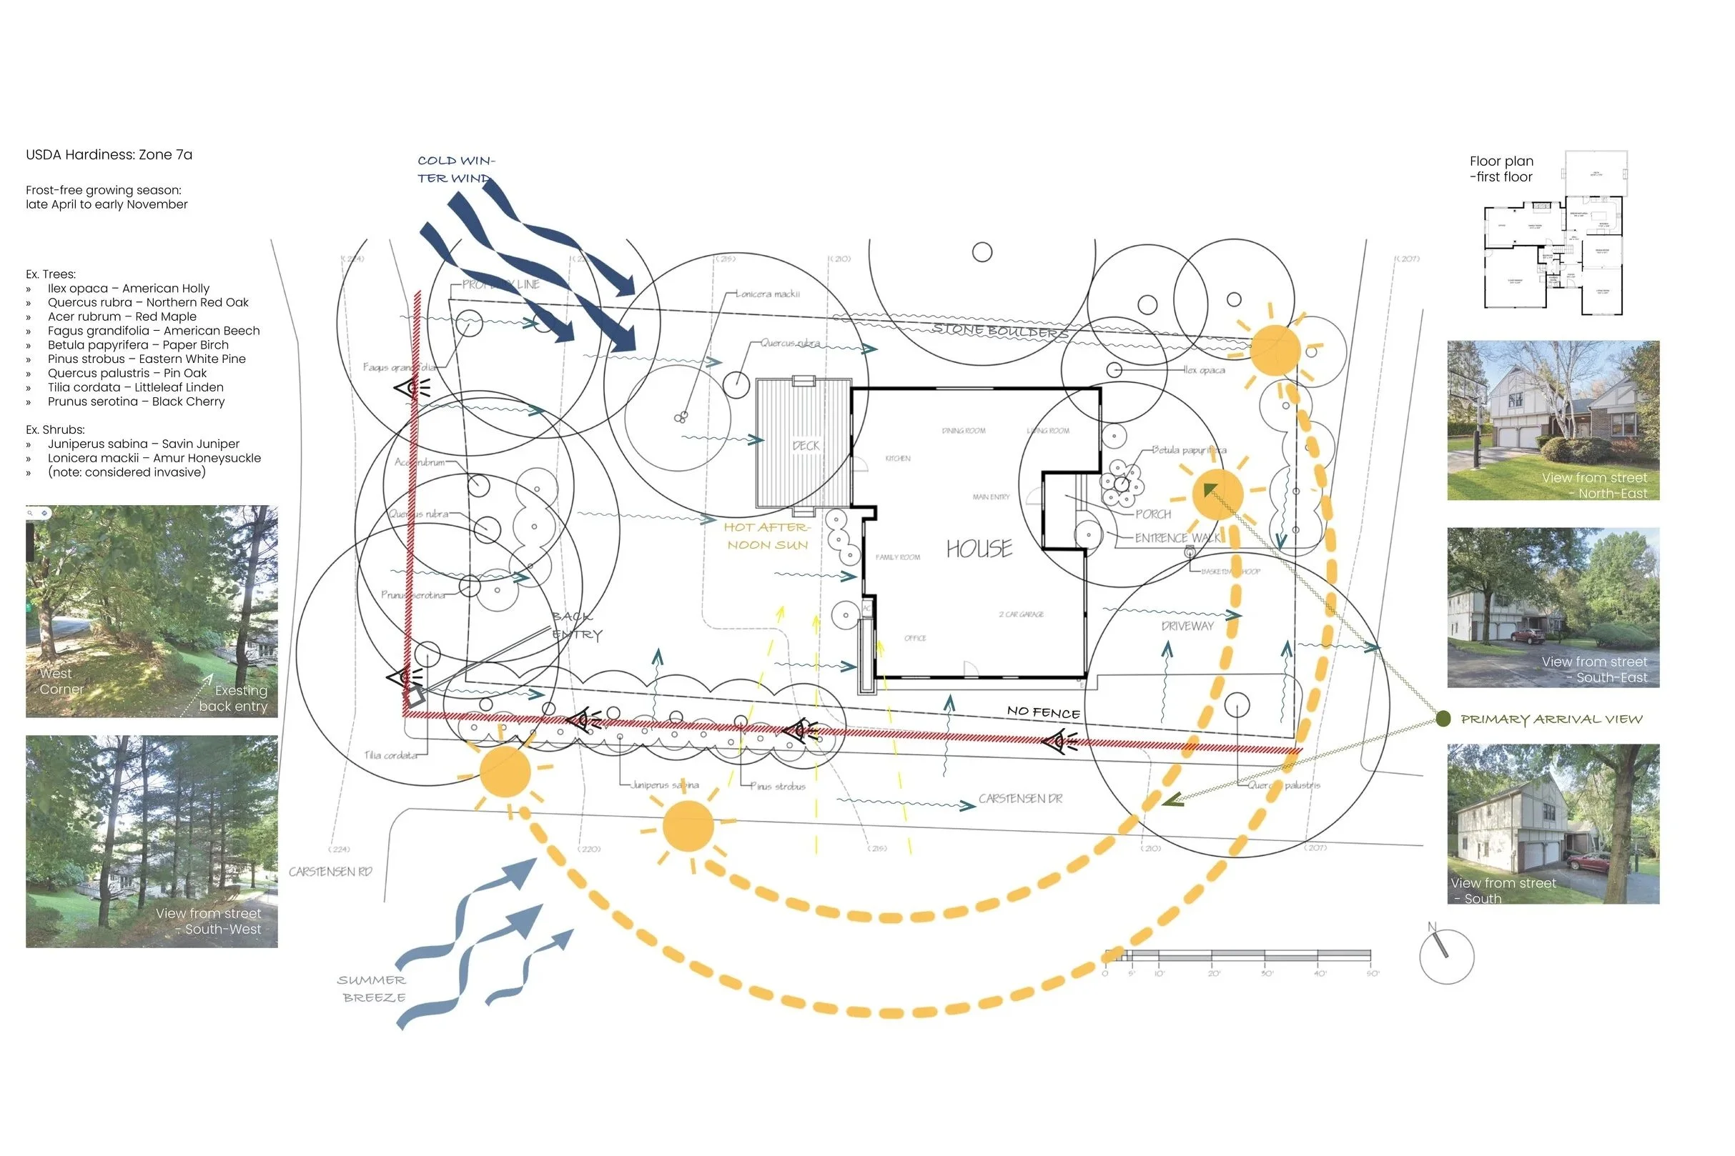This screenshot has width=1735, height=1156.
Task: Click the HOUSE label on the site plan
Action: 979,549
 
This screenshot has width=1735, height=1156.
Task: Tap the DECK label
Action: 806,446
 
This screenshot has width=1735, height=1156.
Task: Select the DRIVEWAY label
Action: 1187,626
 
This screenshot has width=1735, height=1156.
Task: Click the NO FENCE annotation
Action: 1043,712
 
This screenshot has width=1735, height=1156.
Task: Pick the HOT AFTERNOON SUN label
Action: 767,536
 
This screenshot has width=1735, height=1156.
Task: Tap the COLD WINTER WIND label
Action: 455,169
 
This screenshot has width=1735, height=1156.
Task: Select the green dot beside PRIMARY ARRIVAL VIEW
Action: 1443,719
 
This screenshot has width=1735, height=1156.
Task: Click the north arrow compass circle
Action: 1447,956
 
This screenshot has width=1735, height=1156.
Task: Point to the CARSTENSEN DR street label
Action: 1020,799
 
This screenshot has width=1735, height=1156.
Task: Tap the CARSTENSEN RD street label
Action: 330,872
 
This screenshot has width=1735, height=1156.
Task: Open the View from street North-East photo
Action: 1553,420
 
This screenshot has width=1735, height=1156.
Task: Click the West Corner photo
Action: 152,610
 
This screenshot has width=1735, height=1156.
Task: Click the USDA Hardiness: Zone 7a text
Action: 109,155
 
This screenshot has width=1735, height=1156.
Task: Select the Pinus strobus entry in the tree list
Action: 146,359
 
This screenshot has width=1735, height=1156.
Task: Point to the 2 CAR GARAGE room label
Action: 1021,614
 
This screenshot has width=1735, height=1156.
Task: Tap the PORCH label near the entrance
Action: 1153,514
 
